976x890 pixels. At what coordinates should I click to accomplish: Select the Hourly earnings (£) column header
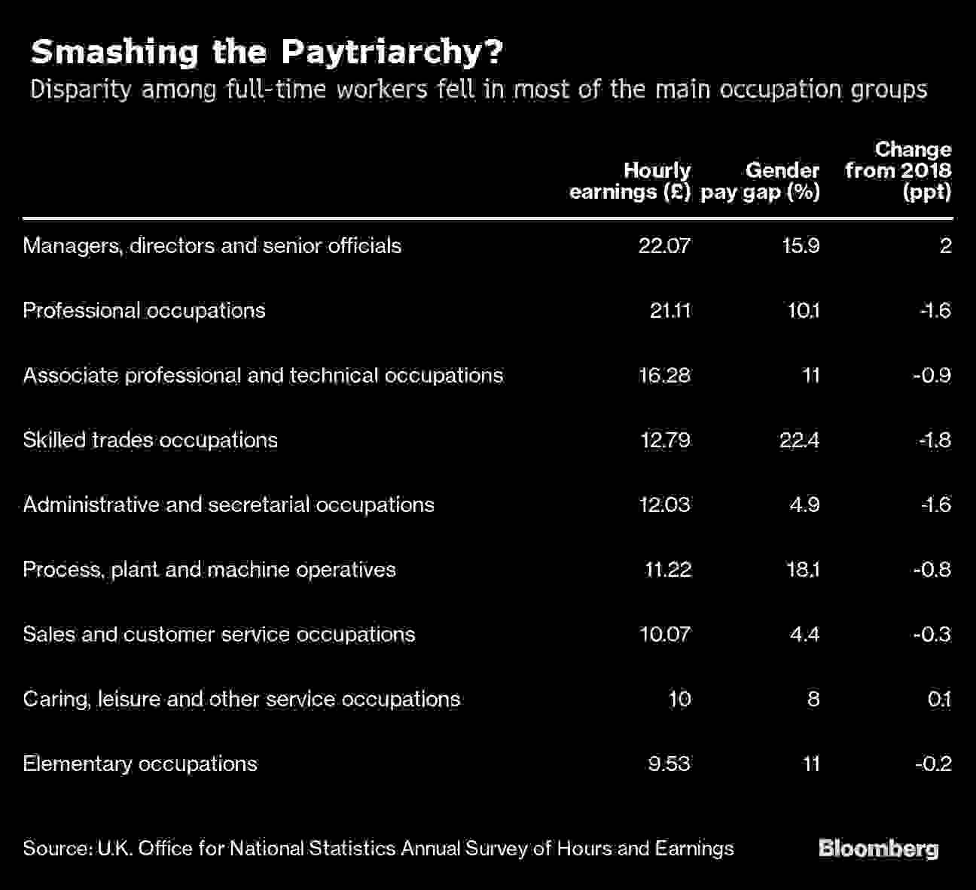click(630, 181)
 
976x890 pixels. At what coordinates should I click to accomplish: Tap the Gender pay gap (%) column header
click(761, 181)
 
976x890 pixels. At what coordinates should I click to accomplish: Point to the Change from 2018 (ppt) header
click(898, 171)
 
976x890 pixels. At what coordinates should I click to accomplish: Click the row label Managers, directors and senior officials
click(212, 246)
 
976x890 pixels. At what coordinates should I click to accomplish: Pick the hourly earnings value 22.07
click(664, 246)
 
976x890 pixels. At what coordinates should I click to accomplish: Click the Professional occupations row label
click(144, 311)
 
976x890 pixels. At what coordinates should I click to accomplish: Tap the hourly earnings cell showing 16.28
click(664, 376)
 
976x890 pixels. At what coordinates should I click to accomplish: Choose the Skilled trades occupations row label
click(150, 440)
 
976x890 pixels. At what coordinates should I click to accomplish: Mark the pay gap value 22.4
click(799, 440)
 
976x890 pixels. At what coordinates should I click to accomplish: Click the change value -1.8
click(935, 440)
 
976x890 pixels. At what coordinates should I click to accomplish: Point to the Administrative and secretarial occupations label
click(228, 504)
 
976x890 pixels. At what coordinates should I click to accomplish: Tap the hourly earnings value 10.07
click(664, 634)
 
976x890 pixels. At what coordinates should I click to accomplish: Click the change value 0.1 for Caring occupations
click(939, 699)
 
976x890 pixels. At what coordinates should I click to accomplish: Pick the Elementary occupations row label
click(140, 764)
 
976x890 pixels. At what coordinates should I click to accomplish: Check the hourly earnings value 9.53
click(669, 764)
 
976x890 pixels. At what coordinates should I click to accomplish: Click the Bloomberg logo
click(878, 849)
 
